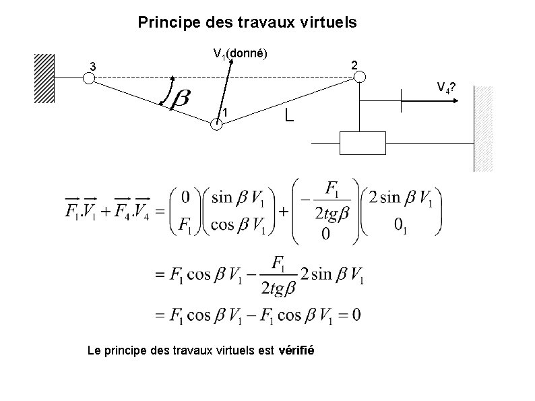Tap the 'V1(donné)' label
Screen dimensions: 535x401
pos(241,53)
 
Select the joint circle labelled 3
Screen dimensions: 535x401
pos(88,78)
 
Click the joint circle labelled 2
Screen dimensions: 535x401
pos(360,77)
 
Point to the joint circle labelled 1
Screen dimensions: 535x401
pos(216,124)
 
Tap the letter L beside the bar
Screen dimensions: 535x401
pos(288,116)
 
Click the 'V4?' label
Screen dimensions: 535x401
pos(445,88)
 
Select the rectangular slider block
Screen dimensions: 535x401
pos(363,143)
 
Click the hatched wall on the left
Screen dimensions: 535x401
pos(44,78)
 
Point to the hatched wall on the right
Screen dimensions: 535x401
pos(484,128)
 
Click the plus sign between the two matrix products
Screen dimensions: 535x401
pos(284,211)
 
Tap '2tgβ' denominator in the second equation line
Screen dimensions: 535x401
pos(276,289)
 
